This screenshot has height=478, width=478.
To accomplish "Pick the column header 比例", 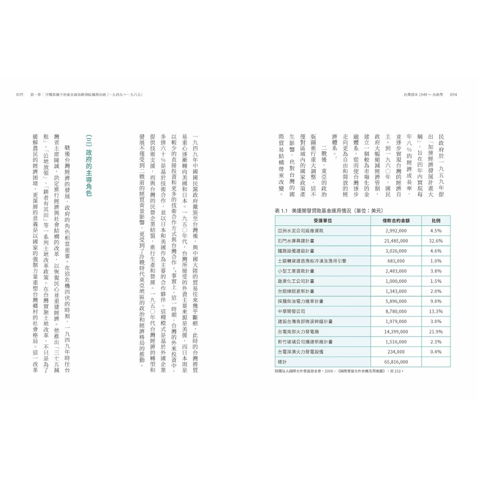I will coord(436,221).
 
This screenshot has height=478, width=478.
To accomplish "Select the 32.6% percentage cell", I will coord(436,241).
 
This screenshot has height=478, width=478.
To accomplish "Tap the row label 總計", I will coord(283,362).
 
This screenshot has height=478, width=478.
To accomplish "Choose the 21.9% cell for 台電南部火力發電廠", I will coord(436,331).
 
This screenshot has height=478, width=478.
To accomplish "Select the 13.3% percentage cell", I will coord(436,311).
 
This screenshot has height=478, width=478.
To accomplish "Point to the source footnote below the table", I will coord(339,371).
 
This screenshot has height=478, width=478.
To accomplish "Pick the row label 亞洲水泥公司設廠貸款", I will coord(300,231).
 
